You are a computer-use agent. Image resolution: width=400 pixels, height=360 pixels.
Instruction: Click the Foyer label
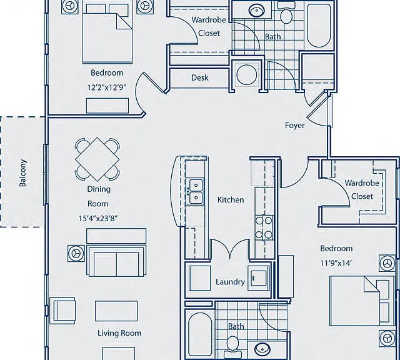(x=294, y=125)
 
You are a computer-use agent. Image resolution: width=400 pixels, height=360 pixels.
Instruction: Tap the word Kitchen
(x=231, y=199)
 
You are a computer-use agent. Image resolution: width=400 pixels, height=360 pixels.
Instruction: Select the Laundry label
(x=230, y=282)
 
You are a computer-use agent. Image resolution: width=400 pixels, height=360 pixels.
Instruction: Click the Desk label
(x=200, y=77)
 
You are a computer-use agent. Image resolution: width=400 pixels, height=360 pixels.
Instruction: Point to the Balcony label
(x=22, y=172)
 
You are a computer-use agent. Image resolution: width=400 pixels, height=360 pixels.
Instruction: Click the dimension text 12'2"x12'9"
(x=107, y=87)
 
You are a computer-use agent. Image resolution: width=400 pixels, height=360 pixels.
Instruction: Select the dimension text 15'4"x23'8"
(x=97, y=218)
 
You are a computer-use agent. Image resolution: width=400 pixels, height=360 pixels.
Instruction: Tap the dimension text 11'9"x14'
(x=336, y=262)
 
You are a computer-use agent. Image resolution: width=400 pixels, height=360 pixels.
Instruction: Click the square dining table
(x=97, y=159)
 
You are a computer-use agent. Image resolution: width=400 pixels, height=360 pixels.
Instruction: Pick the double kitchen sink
(x=196, y=191)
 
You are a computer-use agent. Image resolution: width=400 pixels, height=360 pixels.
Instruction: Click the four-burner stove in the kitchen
(x=264, y=227)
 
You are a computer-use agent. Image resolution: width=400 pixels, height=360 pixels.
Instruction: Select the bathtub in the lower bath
(x=200, y=335)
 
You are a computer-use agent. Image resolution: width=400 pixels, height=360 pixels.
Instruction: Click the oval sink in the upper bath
(x=256, y=11)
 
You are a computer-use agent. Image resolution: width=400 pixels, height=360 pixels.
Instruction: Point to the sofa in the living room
(x=116, y=261)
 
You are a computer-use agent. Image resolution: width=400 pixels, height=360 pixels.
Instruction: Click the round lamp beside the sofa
(x=76, y=253)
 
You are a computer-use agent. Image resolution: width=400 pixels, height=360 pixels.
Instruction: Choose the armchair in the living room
(x=62, y=310)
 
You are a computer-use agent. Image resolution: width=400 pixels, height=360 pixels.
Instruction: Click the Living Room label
(x=119, y=333)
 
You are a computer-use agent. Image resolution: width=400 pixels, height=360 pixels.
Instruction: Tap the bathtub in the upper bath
(x=319, y=25)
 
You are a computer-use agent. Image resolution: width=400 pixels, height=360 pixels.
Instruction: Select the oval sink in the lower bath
(x=262, y=348)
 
